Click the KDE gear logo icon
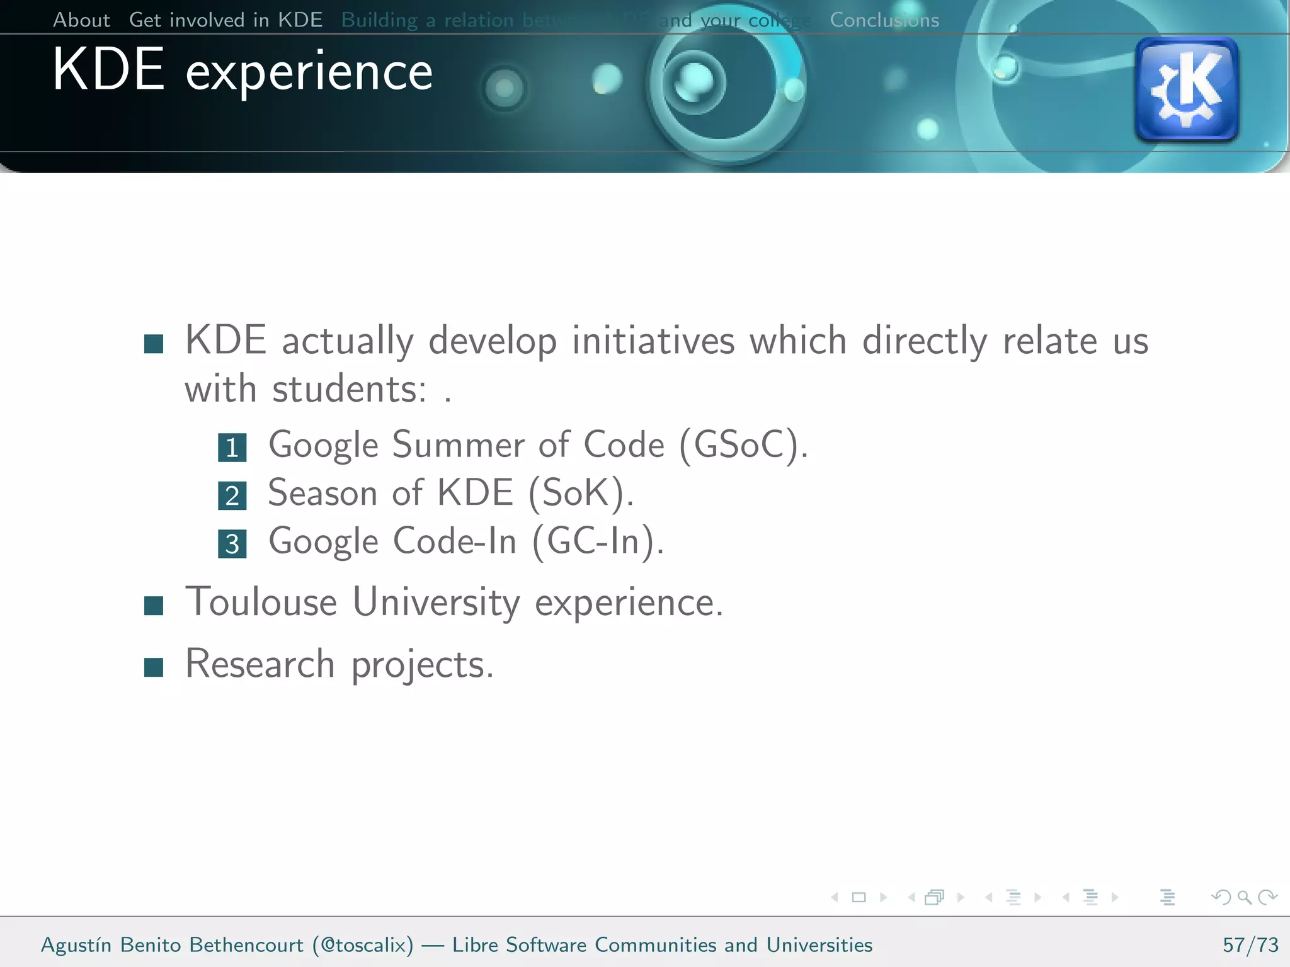1187,89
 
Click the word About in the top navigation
81,20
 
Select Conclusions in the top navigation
884,20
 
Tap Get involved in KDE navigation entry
225,20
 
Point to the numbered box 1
232,448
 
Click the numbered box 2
232,495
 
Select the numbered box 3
232,543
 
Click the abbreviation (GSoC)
743,445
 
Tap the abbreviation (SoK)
580,493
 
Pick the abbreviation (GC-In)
598,541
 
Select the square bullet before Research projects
154,667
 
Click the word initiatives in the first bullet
653,341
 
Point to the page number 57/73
1250,944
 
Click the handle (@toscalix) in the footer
363,944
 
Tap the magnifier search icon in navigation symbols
1244,897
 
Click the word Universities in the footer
819,944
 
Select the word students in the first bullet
349,389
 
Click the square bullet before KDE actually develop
154,344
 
